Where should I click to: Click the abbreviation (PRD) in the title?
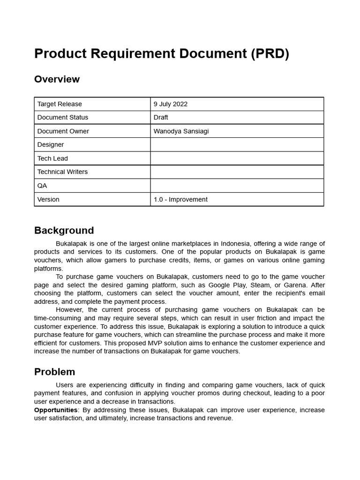[270, 54]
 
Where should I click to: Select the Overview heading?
[57, 79]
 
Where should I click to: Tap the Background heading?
[64, 231]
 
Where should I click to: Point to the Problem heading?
[54, 372]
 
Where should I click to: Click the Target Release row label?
[60, 104]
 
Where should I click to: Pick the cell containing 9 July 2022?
[171, 104]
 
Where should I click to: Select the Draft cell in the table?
[161, 117]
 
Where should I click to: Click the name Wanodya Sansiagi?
[181, 131]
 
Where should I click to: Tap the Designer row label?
[51, 145]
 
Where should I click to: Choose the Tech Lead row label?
[52, 158]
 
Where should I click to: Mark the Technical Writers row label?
[62, 172]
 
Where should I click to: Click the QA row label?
[42, 186]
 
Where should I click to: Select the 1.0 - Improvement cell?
[180, 199]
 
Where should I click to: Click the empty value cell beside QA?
[237, 186]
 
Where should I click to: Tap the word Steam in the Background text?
[261, 285]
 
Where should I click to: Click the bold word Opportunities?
[56, 410]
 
